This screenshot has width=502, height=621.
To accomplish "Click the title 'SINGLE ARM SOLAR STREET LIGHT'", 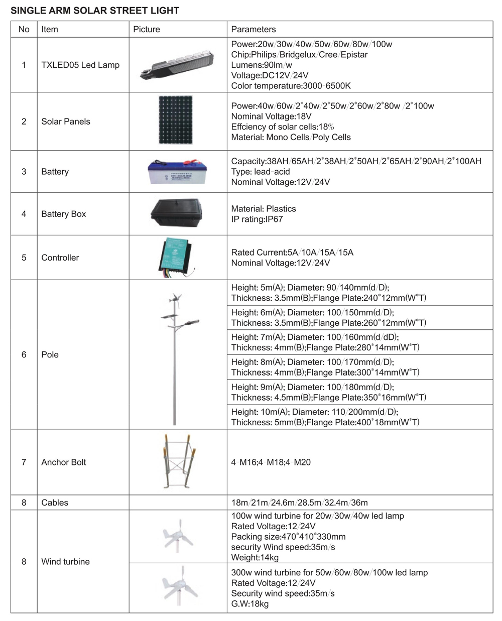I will [95, 10].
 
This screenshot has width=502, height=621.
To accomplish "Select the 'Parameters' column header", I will [253, 29].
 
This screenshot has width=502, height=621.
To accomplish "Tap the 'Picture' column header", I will [147, 29].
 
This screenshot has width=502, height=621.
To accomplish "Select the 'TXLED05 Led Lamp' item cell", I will [80, 65].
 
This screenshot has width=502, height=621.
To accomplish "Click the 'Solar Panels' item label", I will [66, 121].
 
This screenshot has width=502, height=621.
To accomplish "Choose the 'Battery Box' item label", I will [64, 214].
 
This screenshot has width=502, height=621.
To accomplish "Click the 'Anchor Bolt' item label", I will [64, 462].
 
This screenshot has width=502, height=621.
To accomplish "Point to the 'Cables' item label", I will [55, 503].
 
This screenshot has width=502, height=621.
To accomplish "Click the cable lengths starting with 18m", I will [299, 503].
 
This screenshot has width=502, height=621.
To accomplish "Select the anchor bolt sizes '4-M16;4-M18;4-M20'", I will [271, 462].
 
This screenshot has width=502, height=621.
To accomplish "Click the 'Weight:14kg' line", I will [255, 557].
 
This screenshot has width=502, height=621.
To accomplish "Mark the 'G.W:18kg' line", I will [250, 604].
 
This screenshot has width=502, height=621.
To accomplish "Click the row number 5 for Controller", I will [24, 258].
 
